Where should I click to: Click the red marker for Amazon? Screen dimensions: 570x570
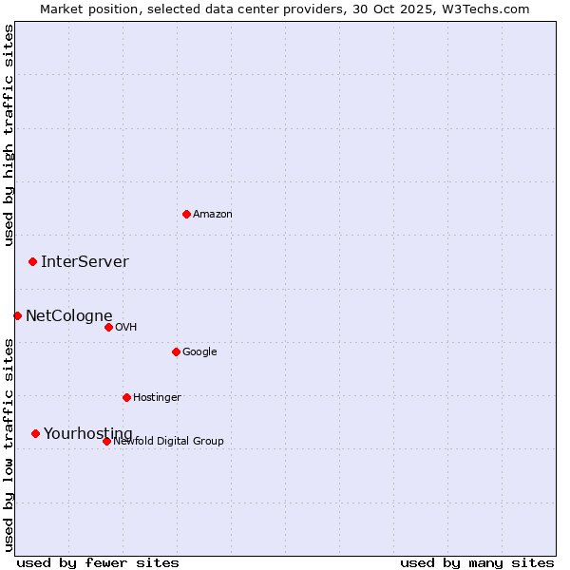186,214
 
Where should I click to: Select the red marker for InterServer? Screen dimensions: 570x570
32,261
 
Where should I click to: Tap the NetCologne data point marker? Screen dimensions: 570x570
17,315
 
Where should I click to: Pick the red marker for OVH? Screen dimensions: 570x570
108,327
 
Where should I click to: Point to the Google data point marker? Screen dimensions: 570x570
176,351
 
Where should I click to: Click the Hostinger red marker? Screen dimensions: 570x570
126,397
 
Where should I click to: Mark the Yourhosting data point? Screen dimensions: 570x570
35,433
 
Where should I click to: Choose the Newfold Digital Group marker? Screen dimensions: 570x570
106,441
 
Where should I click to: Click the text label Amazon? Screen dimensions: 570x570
213,214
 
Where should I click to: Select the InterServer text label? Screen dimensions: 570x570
85,262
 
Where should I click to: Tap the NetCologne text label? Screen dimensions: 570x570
68,316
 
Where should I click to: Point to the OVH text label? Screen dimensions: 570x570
126,327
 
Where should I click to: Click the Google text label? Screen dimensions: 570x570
199,351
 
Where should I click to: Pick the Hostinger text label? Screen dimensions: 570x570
157,397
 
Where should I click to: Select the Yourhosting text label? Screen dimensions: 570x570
88,434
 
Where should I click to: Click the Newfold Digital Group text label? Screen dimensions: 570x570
169,441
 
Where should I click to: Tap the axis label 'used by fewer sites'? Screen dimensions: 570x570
98,562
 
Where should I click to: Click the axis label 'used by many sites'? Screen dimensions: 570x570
477,562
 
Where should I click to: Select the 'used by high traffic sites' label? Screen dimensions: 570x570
9,135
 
